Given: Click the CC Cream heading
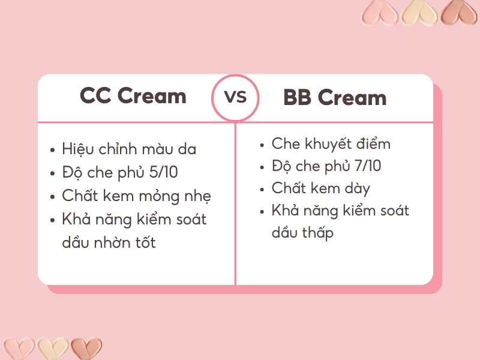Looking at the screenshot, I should (133, 96).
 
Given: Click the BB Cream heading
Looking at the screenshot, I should (335, 98).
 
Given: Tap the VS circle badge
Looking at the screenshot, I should (235, 97).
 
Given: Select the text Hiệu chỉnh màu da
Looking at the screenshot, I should (129, 149).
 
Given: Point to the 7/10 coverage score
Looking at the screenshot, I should (367, 166).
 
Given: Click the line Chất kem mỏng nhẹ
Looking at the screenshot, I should (136, 196).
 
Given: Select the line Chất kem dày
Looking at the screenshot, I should (320, 188).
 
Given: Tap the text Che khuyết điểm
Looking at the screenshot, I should (331, 144).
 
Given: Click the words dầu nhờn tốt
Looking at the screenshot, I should (109, 242).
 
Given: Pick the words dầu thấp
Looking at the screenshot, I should (302, 233).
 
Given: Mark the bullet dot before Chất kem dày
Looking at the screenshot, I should (262, 190).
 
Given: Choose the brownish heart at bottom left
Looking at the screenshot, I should (86, 349).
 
